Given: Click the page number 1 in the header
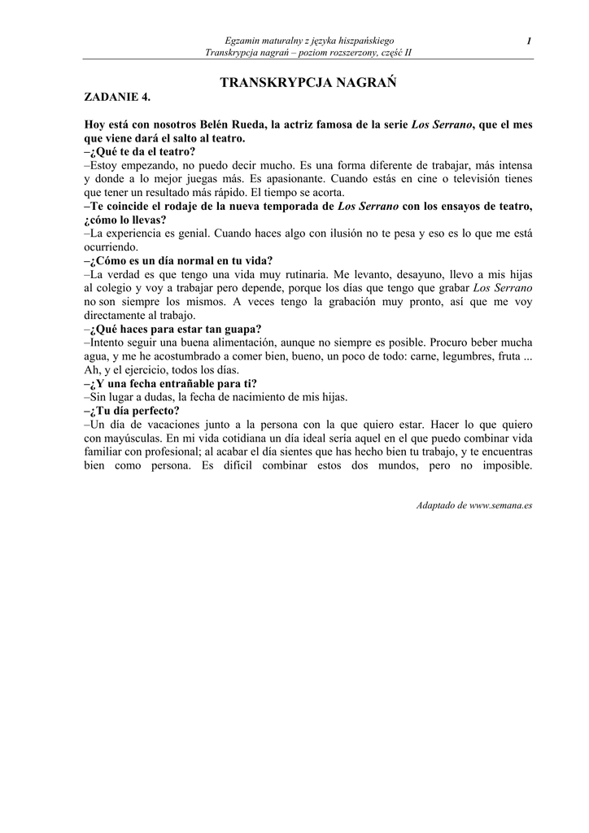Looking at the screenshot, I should click(529, 41).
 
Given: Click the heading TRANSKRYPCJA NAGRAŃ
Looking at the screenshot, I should click(308, 83).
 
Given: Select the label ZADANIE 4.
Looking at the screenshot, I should click(118, 98).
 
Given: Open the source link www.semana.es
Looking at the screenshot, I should click(497, 505).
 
